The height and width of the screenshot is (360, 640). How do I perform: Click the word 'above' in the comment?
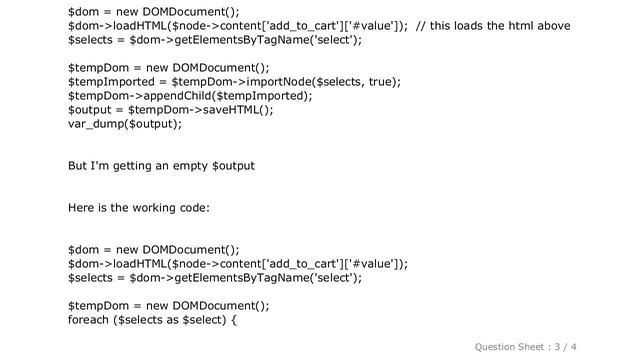tap(554, 26)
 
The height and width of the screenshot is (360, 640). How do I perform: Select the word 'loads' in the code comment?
tap(469, 26)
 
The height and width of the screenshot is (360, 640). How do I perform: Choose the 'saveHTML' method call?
tap(234, 109)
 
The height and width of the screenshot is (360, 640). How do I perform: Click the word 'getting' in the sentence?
tap(132, 166)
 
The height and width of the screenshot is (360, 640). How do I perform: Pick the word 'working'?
tap(154, 208)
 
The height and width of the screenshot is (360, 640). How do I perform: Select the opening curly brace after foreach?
tap(234, 320)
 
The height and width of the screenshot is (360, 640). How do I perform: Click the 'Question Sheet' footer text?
tap(509, 347)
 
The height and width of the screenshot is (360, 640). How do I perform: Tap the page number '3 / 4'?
tap(565, 347)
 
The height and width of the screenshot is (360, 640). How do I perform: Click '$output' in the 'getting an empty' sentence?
tap(233, 166)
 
